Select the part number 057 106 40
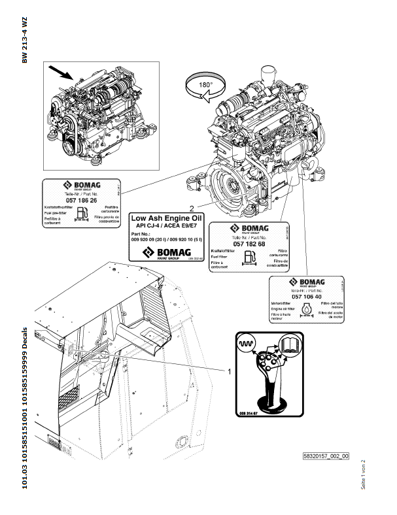tap(305, 297)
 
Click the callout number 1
tap(229, 370)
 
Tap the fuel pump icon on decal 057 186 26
tap(80, 214)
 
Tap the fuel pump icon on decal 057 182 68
tap(249, 258)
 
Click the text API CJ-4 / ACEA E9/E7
tap(167, 225)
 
